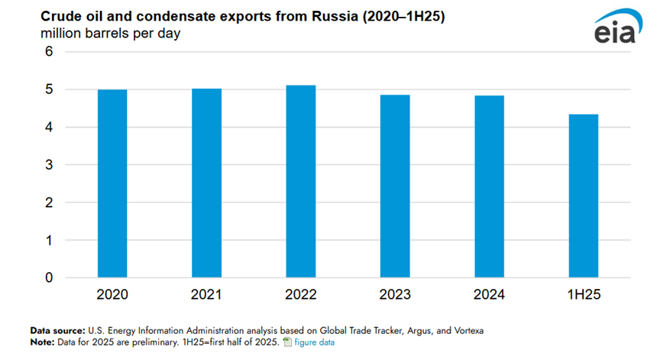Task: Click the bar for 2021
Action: [x=206, y=183]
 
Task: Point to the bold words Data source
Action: [x=57, y=329]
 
